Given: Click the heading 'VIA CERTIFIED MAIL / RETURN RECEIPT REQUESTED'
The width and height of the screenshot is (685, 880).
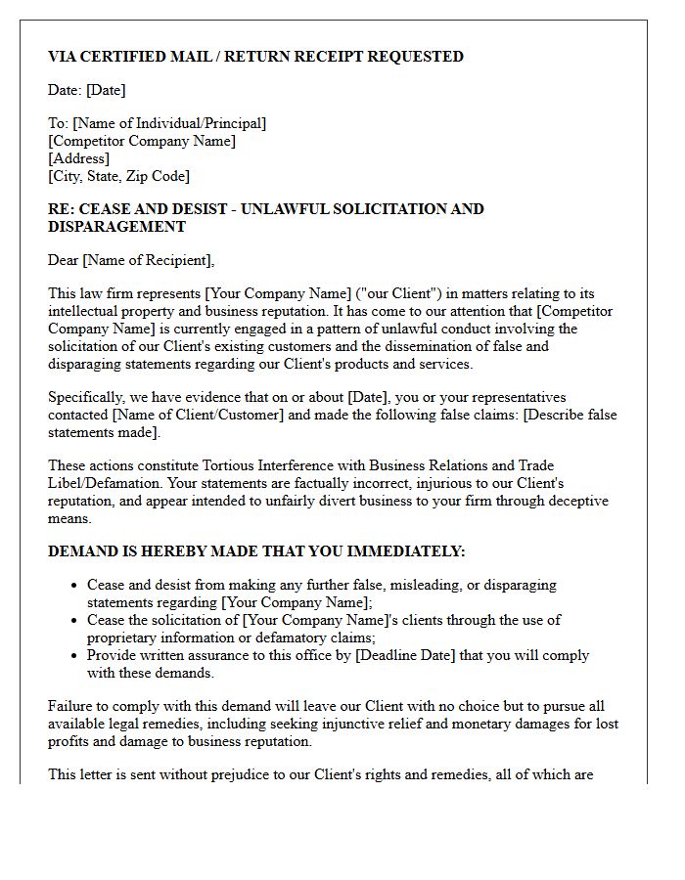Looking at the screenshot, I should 255,57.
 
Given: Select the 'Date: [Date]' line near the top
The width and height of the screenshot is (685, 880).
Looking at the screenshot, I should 87,90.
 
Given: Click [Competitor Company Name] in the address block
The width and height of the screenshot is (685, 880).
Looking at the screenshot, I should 142,141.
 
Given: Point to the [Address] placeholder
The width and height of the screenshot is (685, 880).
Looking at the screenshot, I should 78,158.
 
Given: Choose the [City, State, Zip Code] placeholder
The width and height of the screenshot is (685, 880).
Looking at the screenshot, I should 118,176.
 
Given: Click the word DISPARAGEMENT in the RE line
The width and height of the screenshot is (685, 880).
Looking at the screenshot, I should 116,227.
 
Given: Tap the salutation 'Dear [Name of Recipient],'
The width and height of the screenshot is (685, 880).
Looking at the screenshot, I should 131,260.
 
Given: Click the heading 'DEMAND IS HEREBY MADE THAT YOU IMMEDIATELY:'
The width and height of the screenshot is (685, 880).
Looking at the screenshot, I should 256,551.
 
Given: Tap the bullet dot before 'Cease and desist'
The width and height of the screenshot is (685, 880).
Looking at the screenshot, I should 75,586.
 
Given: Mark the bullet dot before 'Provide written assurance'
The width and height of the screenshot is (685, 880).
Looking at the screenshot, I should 75,656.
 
